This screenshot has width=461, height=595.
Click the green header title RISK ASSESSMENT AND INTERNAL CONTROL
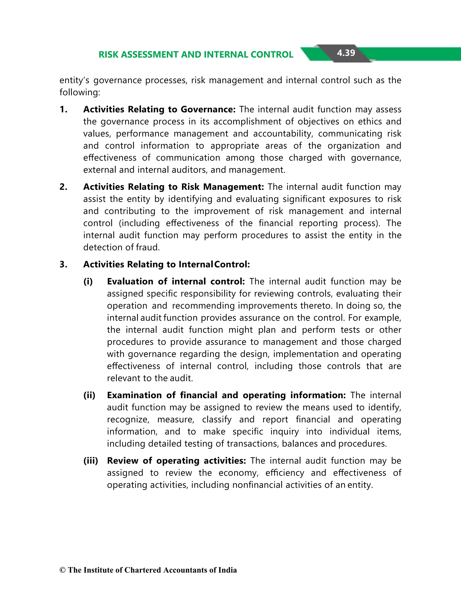pos(196,55)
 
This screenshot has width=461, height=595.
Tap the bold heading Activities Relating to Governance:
pos(159,109)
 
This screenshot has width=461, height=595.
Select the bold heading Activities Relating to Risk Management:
pos(174,187)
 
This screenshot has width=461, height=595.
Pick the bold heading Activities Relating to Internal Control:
pos(166,264)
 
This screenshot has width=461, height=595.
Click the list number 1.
pos(63,109)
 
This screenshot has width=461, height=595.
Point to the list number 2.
pos(63,187)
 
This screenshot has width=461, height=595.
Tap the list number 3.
pos(63,264)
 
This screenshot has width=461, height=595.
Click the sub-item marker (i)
pos(88,282)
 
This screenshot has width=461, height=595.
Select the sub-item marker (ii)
pos(89,395)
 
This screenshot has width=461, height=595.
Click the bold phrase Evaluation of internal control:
pos(176,282)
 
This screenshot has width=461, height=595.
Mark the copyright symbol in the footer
pos(62,570)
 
